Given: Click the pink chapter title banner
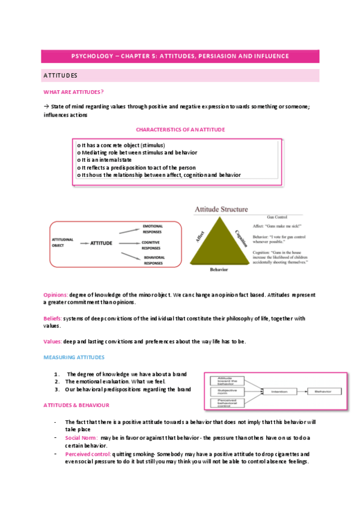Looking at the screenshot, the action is (180, 56).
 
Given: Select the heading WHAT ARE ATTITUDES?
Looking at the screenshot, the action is (73, 91).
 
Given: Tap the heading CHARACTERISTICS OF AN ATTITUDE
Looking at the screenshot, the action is (180, 129).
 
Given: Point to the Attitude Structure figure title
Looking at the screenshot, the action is (221, 209).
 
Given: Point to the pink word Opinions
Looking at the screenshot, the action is (55, 295).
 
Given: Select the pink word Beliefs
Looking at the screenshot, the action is (52, 318).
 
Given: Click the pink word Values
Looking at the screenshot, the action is (52, 342).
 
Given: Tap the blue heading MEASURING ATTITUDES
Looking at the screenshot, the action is (74, 357).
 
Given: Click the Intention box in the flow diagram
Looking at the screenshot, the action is (278, 392).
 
